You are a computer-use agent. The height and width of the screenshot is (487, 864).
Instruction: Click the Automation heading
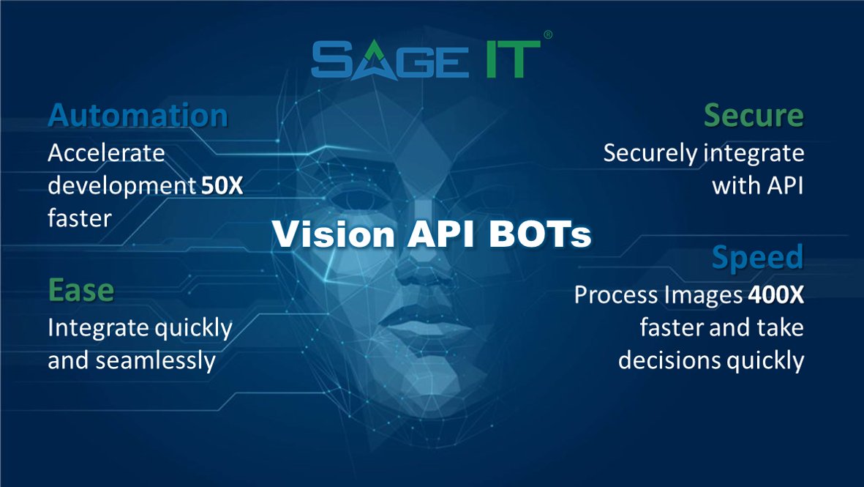pos(138,116)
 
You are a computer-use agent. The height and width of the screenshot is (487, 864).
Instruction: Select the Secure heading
pos(754,116)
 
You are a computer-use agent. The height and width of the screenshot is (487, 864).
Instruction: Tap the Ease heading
pos(80,291)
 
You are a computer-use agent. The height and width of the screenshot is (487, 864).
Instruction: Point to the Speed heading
pos(757,258)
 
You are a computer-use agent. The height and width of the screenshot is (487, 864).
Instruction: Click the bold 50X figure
pos(222,186)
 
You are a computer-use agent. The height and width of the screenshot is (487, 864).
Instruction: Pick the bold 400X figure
pos(775,295)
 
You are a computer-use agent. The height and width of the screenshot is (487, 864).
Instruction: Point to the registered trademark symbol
pos(549,34)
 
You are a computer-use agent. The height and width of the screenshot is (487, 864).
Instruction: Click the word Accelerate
pos(106,154)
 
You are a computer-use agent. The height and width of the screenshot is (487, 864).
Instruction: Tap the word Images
pos(705,295)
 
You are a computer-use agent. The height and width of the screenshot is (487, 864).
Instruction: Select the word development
pos(121,186)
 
